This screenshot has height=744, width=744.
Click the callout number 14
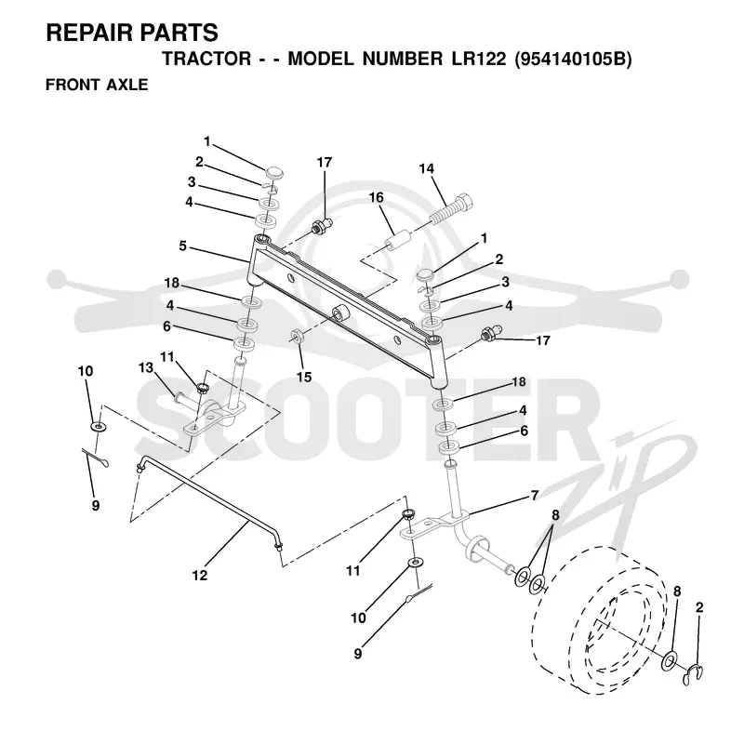pos(427,169)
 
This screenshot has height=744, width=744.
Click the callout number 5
pos(182,246)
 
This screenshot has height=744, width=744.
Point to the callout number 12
pos(200,575)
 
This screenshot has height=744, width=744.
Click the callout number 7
pos(535,496)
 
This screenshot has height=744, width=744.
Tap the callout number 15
pos(304,378)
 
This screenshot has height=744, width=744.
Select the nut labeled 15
pos(297,336)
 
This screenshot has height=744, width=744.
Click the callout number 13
pos(146,367)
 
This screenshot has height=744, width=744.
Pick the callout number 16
pos(377,197)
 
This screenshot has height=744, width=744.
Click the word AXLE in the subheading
pos(127,85)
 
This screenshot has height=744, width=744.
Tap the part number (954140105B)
pos(573,59)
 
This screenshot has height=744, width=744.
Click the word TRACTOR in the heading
pos(206,59)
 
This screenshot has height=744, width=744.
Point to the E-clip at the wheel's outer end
pos(694,675)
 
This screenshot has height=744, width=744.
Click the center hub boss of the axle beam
pos(340,315)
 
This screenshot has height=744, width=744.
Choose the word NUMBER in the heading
pos(403,59)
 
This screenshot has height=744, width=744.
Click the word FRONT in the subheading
pos(73,85)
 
